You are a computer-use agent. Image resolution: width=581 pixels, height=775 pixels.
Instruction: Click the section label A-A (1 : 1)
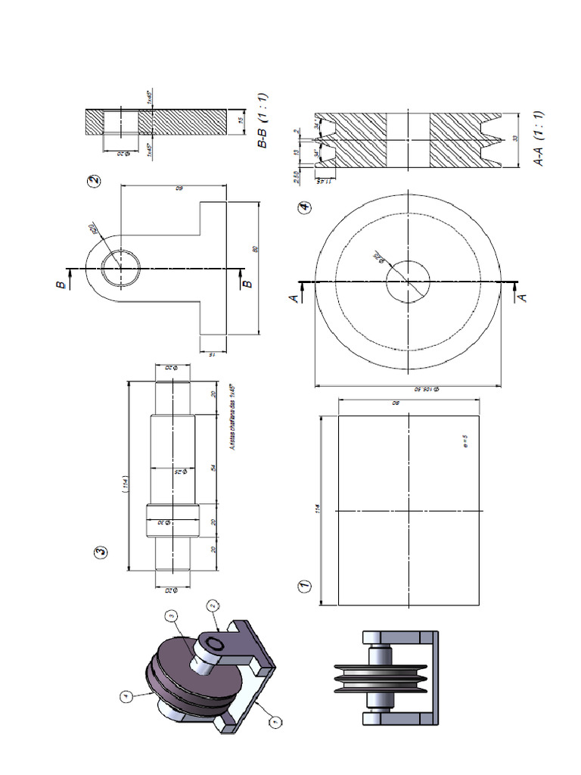pos(539,138)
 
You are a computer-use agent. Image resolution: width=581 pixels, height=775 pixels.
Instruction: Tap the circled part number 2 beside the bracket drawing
pos(94,182)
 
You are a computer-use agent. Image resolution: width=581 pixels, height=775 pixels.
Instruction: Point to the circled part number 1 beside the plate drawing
pos(304,586)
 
